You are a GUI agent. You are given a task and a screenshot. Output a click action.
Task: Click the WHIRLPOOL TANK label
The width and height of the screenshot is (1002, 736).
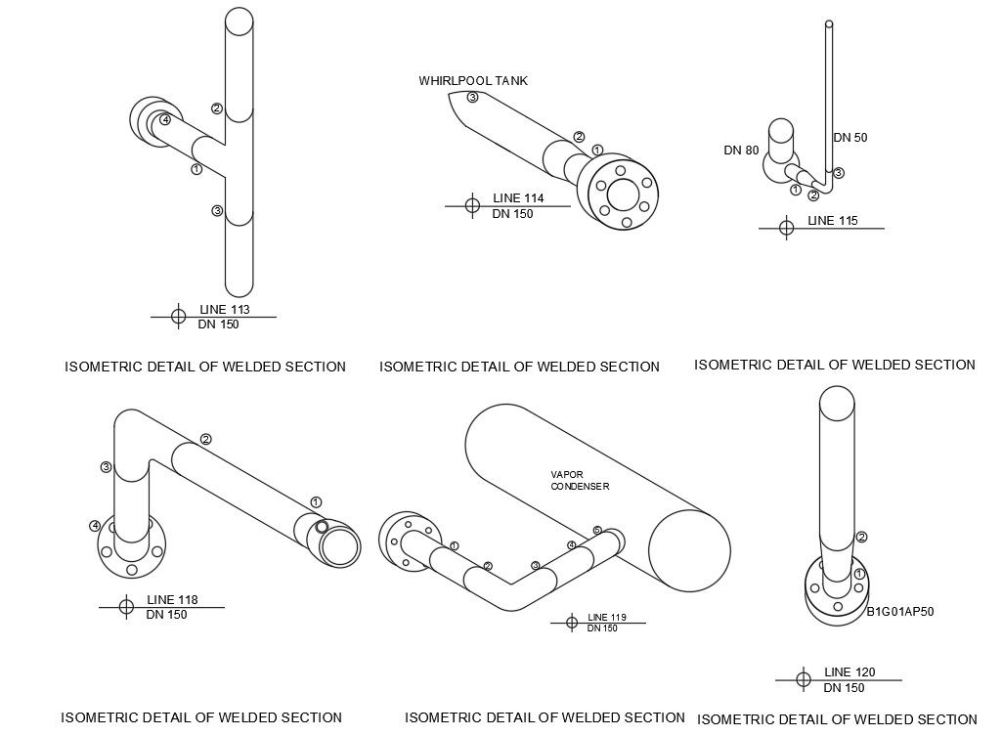tap(473, 81)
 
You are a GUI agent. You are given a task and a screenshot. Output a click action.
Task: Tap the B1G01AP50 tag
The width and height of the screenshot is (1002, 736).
tap(900, 613)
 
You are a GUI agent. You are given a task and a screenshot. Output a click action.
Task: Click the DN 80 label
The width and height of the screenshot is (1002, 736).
tap(741, 151)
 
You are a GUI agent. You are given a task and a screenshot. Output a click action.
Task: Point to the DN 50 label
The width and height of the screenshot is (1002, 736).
tap(850, 138)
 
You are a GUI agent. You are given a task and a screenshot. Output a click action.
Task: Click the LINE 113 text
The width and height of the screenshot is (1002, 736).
tap(225, 310)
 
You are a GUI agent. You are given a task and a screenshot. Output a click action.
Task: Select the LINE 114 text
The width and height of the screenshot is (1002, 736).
tap(518, 198)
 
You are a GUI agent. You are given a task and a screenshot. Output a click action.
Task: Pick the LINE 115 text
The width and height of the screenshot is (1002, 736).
tap(833, 221)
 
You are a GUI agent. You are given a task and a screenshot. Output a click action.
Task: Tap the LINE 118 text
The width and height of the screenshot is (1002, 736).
tap(172, 600)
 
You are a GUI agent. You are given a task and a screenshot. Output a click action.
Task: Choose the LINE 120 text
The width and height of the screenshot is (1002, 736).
tap(850, 672)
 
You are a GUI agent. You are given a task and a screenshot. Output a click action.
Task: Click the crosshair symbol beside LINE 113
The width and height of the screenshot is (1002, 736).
tap(178, 317)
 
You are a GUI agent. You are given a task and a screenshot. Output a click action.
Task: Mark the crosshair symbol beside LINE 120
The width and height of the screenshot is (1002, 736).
tap(803, 679)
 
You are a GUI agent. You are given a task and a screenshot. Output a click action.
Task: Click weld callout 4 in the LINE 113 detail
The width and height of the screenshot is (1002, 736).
tap(166, 120)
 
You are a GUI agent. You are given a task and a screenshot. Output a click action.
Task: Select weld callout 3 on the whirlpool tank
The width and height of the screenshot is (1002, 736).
tap(472, 97)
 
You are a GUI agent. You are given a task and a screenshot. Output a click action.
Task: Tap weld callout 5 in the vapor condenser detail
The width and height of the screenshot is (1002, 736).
tap(597, 531)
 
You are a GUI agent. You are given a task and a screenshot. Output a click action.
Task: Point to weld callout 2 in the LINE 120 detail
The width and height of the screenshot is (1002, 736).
tap(861, 537)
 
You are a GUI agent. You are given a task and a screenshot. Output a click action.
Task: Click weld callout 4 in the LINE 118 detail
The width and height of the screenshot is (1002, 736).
tap(95, 526)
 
